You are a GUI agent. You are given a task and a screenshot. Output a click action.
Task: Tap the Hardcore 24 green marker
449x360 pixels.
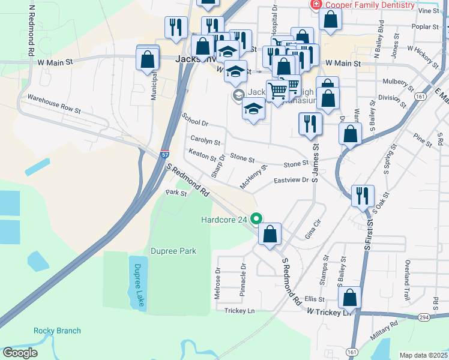pos(257,219)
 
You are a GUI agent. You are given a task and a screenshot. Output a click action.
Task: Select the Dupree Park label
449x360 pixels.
pos(173,250)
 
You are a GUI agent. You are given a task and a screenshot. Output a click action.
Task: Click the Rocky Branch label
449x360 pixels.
pos(57,331)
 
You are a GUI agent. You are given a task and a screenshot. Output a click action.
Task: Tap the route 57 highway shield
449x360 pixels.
pos(165,154)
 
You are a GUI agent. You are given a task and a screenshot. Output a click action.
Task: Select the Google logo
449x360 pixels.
pos(20,353)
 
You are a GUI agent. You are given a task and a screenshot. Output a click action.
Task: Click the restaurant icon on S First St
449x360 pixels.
pos(363,196)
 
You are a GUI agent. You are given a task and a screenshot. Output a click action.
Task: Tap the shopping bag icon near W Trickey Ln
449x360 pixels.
pos(349,298)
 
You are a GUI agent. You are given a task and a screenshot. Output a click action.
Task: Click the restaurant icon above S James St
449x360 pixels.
pos(310,124)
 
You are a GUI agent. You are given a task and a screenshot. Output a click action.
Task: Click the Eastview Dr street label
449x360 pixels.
pos(291,180)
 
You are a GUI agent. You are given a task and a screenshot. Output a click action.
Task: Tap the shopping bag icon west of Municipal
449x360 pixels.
pos(147,59)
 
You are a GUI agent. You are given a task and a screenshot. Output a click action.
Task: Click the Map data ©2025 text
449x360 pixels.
pos(423,355)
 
